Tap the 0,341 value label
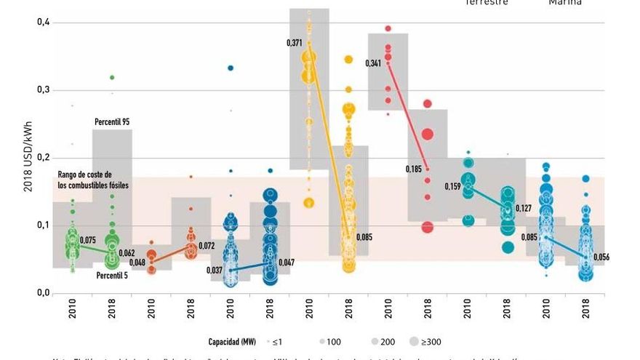pyautogui.click(x=373, y=64)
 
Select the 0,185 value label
pyautogui.click(x=414, y=169)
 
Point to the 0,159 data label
pyautogui.click(x=453, y=187)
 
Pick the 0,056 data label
pyautogui.click(x=601, y=257)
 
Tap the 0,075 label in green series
pyautogui.click(x=88, y=241)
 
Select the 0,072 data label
pyautogui.click(x=207, y=247)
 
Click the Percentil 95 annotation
pyautogui.click(x=112, y=121)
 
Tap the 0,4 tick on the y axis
pyautogui.click(x=43, y=23)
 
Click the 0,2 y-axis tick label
pyautogui.click(x=43, y=158)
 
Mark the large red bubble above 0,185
pyautogui.click(x=428, y=135)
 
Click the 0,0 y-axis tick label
pyautogui.click(x=43, y=293)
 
